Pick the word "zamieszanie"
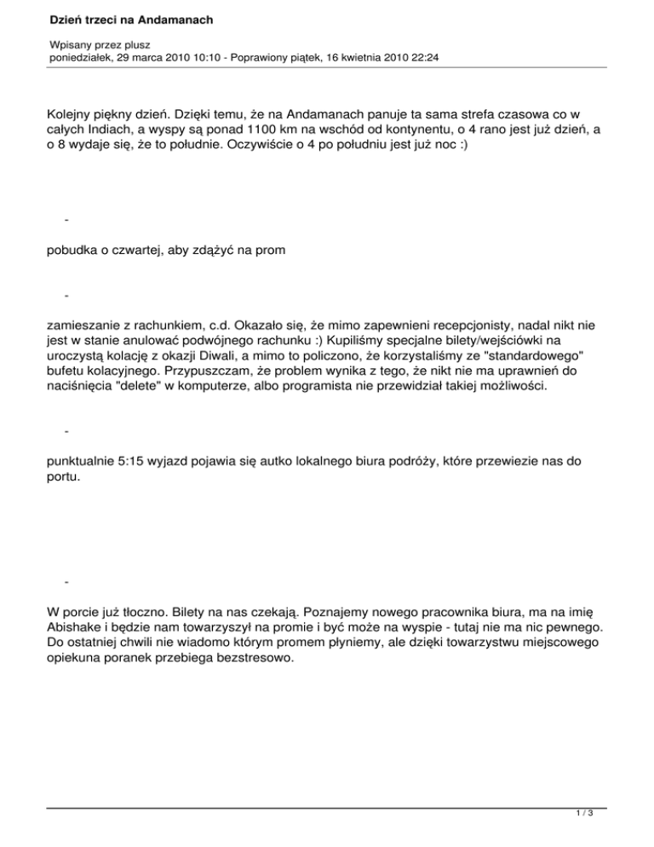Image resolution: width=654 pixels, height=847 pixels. click(88, 325)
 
